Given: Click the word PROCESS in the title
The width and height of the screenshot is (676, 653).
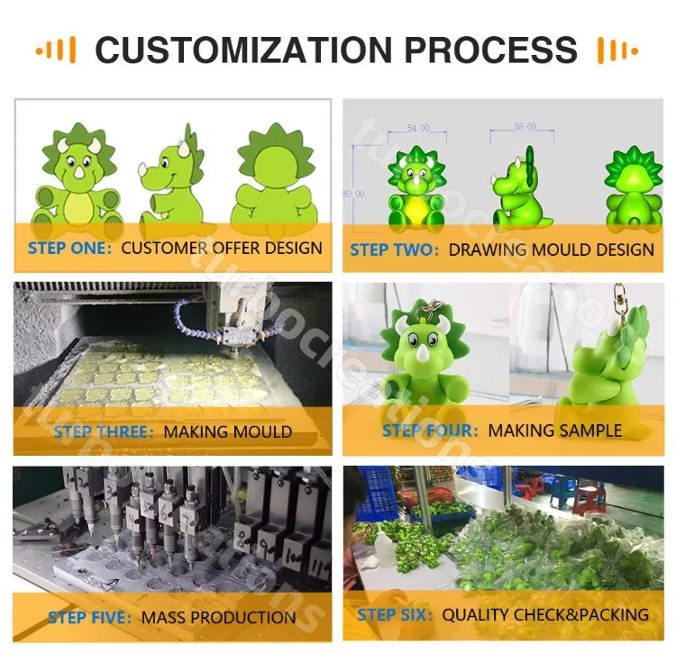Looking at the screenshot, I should (x=492, y=50).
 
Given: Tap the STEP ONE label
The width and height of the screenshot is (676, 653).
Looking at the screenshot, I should (x=69, y=248).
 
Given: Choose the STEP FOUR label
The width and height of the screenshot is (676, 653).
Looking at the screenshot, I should (x=429, y=431).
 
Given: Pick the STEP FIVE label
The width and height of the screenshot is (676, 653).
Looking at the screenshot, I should (x=90, y=618).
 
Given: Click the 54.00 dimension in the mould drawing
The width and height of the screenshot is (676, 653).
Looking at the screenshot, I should (x=419, y=129).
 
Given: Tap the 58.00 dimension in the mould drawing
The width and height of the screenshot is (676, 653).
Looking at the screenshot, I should (x=525, y=128).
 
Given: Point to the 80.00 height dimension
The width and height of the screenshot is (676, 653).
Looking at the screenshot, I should (x=354, y=194).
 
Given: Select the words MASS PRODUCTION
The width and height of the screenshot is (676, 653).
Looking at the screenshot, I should (x=218, y=618).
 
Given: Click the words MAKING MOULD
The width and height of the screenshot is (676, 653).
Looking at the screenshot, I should (x=227, y=431).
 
